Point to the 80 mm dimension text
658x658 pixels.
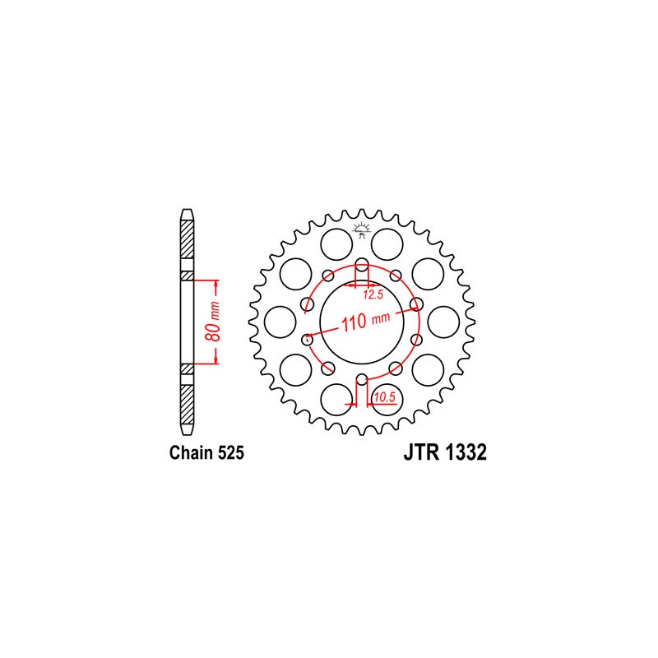point(215,322)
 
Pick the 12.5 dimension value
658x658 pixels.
point(374,294)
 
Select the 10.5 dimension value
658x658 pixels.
point(383,397)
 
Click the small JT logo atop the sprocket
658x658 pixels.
point(361,229)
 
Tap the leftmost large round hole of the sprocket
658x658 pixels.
point(280,322)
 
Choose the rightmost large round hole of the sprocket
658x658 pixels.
point(443,322)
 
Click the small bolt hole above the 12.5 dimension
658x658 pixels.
point(361,265)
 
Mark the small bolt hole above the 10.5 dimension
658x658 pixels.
point(361,379)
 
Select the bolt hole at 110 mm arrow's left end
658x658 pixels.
point(308,337)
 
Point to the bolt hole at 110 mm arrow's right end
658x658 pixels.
point(415,305)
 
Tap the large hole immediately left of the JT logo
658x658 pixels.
point(335,243)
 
